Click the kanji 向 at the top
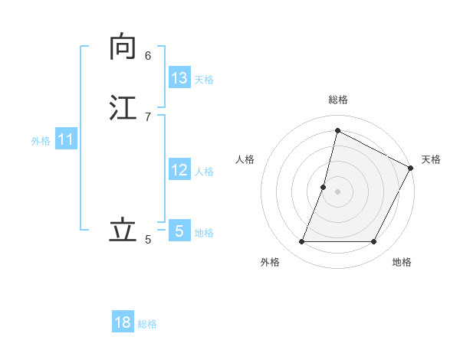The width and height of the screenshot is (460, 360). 123,47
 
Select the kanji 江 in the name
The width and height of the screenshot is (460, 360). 123,106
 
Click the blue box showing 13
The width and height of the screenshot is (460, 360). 179,78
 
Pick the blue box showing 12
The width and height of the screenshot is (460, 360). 179,170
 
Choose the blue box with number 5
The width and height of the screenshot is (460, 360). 179,231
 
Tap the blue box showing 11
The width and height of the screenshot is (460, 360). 66,139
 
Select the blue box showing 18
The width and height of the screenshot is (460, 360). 123,322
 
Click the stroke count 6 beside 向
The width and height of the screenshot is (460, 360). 148,55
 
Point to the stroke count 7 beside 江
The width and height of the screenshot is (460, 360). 148,116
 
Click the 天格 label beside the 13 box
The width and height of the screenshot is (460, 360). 204,80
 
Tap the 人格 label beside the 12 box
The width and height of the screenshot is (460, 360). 204,172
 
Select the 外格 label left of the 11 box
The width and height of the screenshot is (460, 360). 41,141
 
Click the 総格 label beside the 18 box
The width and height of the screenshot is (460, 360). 147,324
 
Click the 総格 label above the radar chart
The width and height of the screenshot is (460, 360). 338,100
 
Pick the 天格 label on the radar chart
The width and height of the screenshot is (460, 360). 431,159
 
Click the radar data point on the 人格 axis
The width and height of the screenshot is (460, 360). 324,187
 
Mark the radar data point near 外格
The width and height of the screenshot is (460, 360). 301,242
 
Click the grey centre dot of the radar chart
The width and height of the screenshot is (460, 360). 338,191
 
